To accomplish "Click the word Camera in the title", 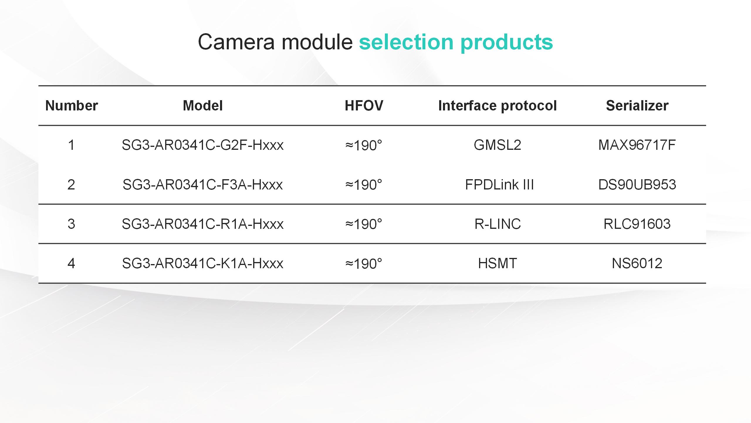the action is [x=236, y=42].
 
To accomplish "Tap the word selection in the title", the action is [x=406, y=42].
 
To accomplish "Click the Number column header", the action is [x=72, y=105].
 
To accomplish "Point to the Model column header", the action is [x=203, y=105].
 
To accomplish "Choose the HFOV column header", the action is [x=364, y=105].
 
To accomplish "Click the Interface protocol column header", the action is [x=497, y=106].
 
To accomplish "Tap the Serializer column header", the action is [x=637, y=105].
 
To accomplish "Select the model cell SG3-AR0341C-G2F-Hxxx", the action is [x=203, y=145].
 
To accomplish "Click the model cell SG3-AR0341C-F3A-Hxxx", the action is [x=203, y=185].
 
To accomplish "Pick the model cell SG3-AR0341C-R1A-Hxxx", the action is [x=203, y=224].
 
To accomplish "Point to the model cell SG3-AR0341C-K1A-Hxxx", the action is [x=203, y=263].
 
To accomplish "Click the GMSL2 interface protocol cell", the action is [x=498, y=145].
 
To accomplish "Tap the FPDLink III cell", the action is [x=499, y=185].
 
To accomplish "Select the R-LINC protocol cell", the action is [x=498, y=224].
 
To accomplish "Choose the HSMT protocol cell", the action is [x=498, y=263].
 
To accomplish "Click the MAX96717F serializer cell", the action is [x=637, y=145].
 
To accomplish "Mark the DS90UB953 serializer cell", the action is [x=637, y=185].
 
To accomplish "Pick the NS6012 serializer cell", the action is [x=637, y=263].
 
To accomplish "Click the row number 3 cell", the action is [x=71, y=224].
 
